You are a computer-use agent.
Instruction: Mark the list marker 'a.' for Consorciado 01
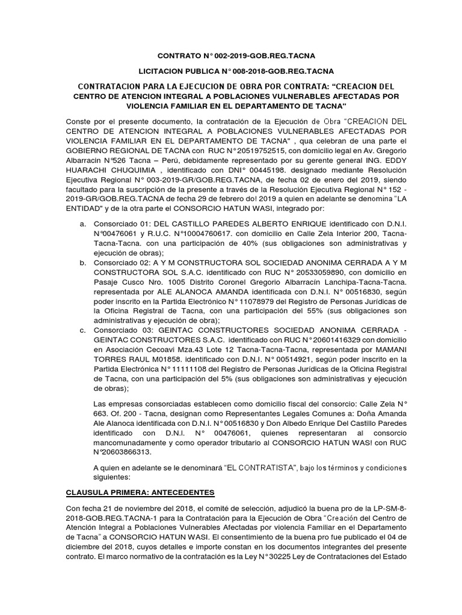82,223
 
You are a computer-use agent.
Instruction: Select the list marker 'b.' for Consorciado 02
82,262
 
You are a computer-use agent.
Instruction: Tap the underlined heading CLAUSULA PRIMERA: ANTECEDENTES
140,493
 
